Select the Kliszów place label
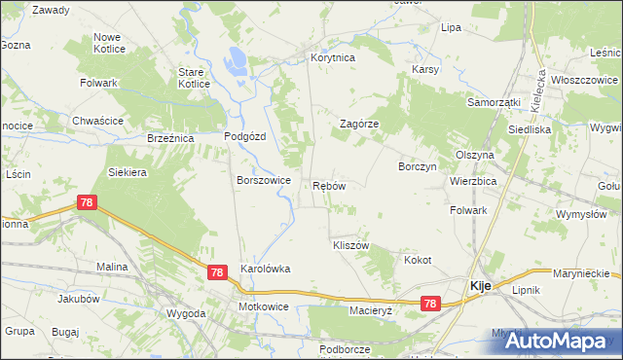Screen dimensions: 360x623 350,246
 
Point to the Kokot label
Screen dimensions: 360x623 417,261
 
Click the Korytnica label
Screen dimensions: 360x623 333,58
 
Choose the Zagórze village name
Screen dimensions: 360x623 358,125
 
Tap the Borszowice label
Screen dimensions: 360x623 264,180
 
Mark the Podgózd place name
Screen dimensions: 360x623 245,137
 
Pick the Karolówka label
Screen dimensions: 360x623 266,269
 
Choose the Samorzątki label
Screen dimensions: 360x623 494,102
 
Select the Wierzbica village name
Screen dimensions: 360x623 473,181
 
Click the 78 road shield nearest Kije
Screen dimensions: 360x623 430,305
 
